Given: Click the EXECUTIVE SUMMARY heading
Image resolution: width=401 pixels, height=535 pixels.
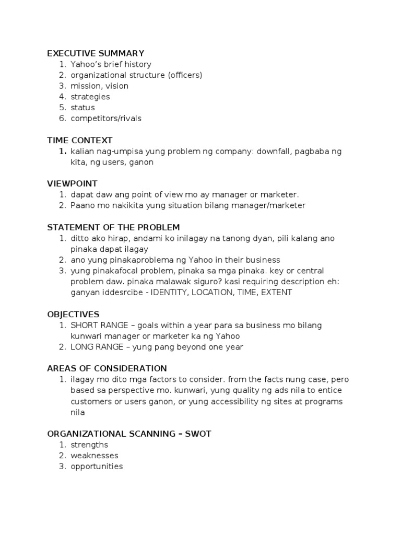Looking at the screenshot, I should tap(96, 53).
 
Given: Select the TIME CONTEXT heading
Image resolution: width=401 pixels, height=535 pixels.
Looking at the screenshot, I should tap(79, 140).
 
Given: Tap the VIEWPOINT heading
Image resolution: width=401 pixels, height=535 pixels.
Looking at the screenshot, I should tap(72, 183).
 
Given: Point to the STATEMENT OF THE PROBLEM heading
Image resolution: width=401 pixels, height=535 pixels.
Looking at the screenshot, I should tap(113, 227).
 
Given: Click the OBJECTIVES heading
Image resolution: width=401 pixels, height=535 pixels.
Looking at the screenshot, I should tap(73, 314).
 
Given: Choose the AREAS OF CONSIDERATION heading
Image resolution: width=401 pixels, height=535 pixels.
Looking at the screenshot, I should tap(107, 368).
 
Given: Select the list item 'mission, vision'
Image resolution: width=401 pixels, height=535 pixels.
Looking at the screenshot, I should tap(99, 86).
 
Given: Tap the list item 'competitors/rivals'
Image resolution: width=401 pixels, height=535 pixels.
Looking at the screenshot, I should tap(106, 118).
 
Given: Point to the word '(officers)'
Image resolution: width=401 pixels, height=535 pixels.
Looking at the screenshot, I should tap(185, 75).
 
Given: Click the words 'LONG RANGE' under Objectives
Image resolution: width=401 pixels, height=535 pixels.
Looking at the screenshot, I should tap(92, 347).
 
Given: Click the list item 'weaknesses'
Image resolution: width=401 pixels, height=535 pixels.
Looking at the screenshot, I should tap(95, 456).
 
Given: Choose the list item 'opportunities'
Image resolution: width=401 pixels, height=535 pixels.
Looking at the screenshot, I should tap(97, 467).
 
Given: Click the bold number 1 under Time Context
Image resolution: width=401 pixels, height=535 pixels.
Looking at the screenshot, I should tap(62, 152).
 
